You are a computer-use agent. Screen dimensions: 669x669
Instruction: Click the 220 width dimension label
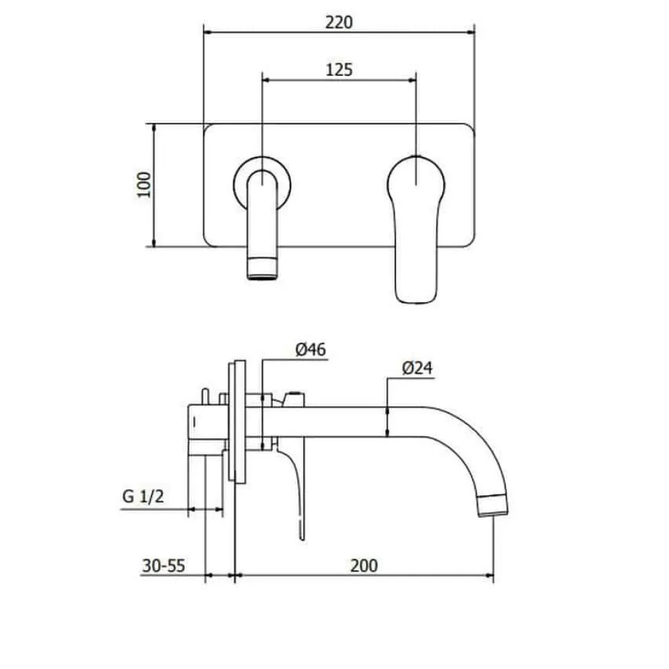coord(339,22)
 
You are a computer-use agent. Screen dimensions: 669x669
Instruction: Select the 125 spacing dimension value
coord(339,70)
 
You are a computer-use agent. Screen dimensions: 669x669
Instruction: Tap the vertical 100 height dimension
coord(143,185)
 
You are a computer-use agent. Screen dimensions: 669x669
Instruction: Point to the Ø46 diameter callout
coord(310,350)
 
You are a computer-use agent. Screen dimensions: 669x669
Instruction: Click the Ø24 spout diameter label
coord(417,368)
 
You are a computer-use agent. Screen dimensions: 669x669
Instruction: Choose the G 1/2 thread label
coord(143,496)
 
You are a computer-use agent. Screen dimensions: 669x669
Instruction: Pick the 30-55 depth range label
coord(163,566)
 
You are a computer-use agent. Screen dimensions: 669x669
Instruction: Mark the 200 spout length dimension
coord(364,566)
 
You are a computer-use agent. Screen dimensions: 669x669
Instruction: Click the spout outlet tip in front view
coord(262,269)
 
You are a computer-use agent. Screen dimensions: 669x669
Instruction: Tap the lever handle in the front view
coord(416,230)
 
